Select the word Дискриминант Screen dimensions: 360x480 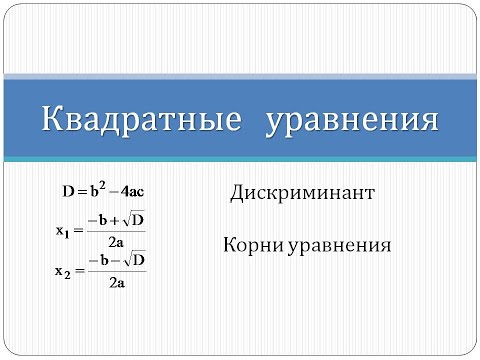click(301, 191)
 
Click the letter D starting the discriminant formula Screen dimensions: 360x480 click(67, 188)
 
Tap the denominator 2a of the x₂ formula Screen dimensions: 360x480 click(116, 282)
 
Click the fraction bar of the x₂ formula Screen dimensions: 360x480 click(116, 271)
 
